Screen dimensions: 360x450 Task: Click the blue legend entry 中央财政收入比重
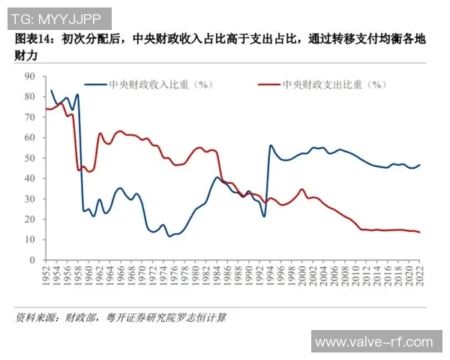tap(149, 85)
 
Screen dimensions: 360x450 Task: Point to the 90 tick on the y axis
tap(31, 76)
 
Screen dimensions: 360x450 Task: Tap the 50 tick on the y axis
tap(31, 157)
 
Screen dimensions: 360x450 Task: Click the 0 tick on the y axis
tap(34, 259)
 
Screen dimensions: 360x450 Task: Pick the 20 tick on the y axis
tap(31, 219)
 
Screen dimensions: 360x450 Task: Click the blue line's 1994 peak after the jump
tap(271, 145)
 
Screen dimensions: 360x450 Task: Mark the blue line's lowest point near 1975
tap(169, 235)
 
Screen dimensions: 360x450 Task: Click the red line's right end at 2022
tap(418, 232)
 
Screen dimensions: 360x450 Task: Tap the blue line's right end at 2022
tap(418, 165)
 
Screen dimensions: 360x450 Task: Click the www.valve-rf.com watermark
tap(373, 342)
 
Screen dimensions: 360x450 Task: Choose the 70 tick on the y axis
tap(31, 117)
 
